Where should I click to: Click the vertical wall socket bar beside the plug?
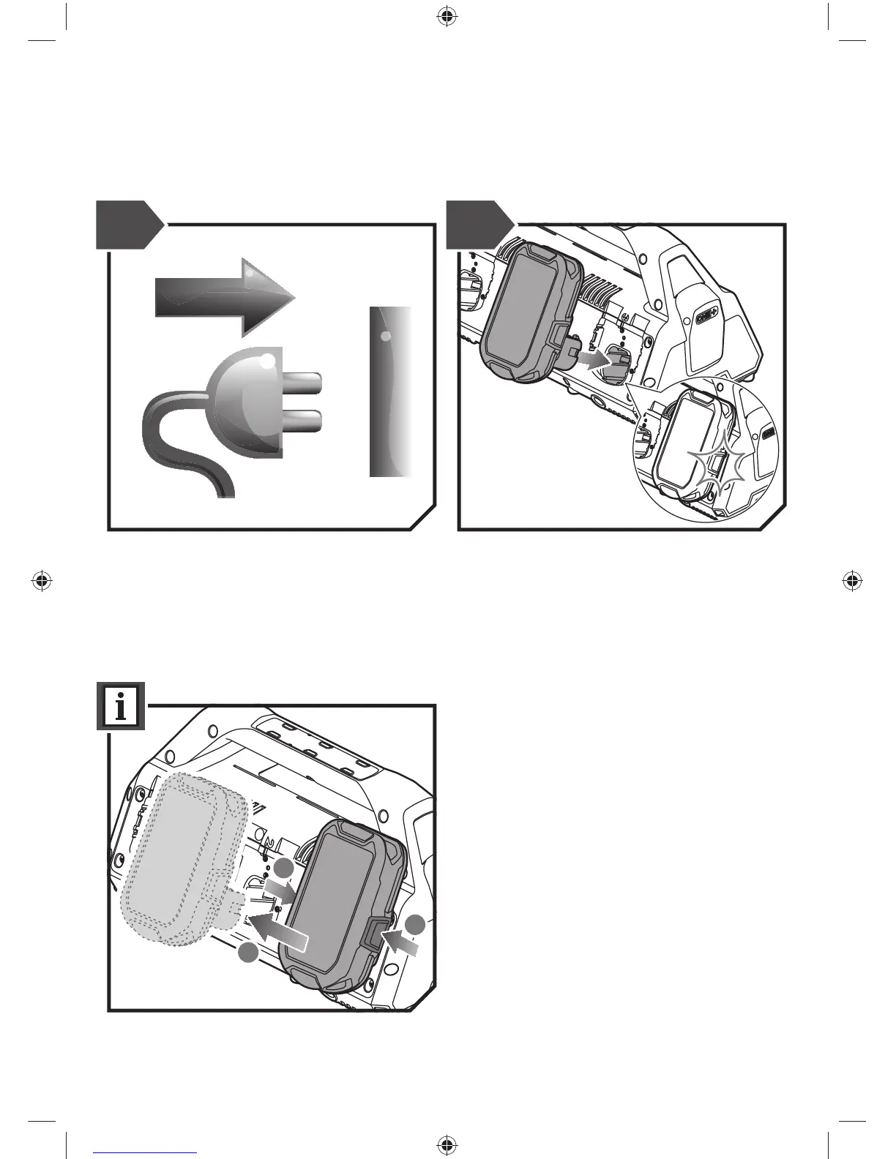[390, 391]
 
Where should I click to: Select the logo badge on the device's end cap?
[706, 318]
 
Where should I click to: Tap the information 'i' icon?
[121, 706]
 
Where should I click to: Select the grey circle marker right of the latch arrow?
[417, 925]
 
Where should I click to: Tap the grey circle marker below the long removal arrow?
[250, 953]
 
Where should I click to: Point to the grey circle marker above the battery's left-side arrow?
[284, 868]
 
